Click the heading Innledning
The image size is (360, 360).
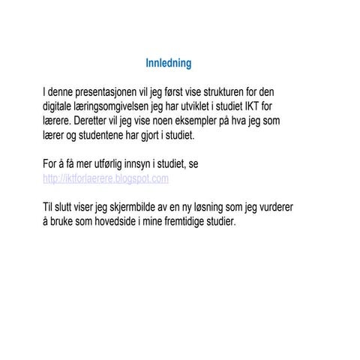pos(169,64)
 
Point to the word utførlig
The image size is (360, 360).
pos(114,163)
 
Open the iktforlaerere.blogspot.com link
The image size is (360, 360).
pos(106,178)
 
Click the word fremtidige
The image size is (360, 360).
pos(184,221)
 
